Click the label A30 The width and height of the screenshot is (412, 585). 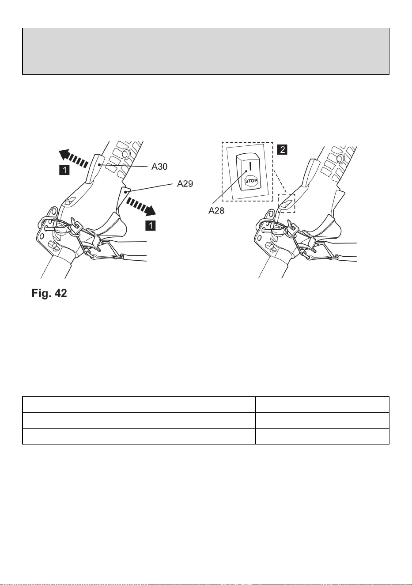point(159,167)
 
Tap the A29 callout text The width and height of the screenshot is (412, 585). point(185,184)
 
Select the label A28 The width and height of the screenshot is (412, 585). point(216,210)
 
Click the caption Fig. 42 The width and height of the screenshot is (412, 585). point(49,293)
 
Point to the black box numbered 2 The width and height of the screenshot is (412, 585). point(282,150)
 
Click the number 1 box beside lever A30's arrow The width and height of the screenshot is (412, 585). point(64,170)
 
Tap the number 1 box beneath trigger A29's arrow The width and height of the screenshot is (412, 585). point(151,225)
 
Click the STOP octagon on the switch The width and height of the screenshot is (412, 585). point(251,181)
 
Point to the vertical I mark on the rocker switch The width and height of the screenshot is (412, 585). point(250,166)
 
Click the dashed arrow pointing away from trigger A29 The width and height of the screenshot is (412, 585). point(141,206)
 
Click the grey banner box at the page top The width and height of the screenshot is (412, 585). point(206,51)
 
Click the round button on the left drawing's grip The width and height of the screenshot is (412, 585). point(125,153)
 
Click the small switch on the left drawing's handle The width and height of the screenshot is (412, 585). point(69,201)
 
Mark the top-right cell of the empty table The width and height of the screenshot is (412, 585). point(322,405)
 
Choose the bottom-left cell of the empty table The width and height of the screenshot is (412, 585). point(139,436)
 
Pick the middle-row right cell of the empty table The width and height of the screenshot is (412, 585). point(322,421)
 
